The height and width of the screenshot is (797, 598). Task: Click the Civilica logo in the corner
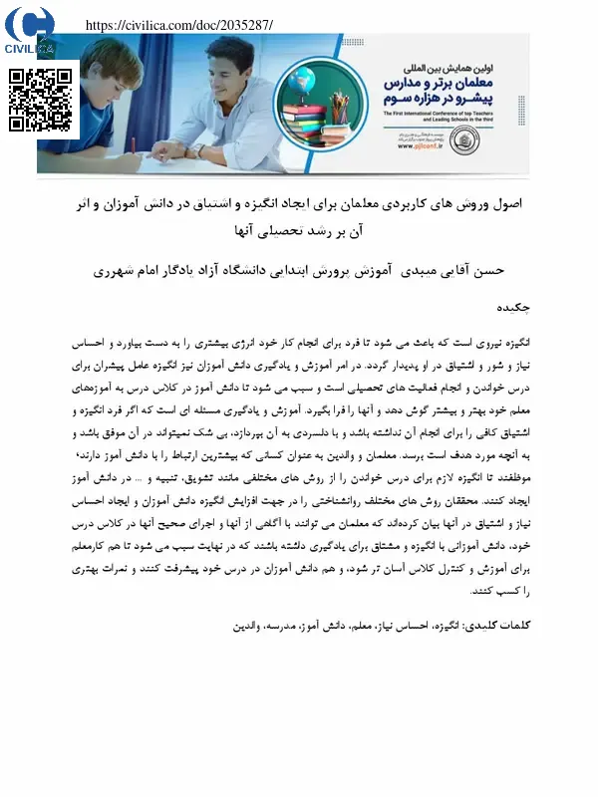click(30, 31)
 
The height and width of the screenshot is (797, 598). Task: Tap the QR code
click(41, 100)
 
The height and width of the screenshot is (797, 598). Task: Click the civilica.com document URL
click(179, 24)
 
